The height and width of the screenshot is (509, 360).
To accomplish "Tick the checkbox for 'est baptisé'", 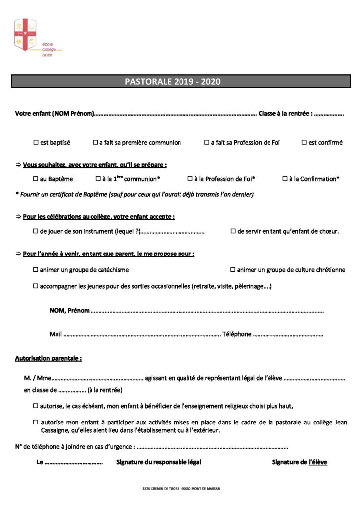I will point(36,143).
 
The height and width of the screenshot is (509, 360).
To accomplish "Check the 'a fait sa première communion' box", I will point(95,143).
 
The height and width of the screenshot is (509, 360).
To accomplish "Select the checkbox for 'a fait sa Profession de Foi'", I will point(207,143).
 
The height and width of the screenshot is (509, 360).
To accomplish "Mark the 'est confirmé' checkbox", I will point(304,143).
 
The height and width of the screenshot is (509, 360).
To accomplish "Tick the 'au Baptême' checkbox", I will point(36,179).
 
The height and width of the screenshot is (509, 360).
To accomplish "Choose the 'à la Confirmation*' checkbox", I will point(285,179).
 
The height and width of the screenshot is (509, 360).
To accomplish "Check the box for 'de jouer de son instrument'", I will point(36,231).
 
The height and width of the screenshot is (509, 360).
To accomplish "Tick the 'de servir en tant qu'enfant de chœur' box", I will point(233,231).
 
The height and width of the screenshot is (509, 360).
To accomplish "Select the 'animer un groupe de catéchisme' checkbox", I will point(36,270).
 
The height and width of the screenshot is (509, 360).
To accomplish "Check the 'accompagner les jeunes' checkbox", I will point(36,286).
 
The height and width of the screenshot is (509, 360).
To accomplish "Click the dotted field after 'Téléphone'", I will point(288,335).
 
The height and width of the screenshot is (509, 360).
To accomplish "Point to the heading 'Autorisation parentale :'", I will point(48,358).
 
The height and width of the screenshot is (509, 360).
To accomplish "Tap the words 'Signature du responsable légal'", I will point(159,462).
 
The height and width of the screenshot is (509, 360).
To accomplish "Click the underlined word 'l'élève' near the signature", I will point(318,462).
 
